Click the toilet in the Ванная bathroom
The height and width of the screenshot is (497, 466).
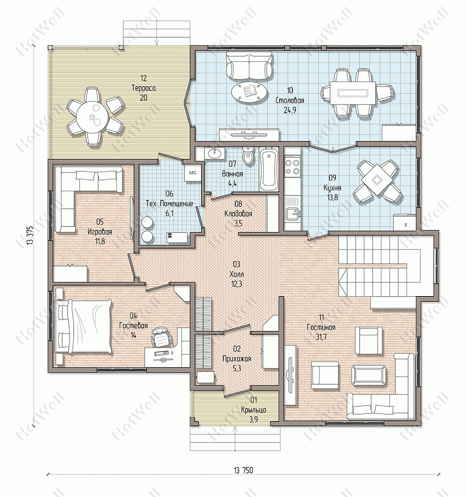pyautogui.click(x=248, y=156)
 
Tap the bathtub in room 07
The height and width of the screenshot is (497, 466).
pyautogui.click(x=269, y=169)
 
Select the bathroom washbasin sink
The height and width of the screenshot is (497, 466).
pyautogui.click(x=214, y=153)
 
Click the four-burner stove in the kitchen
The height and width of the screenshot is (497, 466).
pyautogui.click(x=292, y=166)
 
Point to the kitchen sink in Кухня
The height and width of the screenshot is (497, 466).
pyautogui.click(x=292, y=214)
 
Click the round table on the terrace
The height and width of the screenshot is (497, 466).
pyautogui.click(x=92, y=117)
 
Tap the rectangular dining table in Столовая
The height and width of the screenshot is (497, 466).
pyautogui.click(x=353, y=93)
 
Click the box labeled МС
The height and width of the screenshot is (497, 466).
pyautogui.click(x=193, y=173)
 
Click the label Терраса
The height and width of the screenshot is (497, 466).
pyautogui.click(x=143, y=88)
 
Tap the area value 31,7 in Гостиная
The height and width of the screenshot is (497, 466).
pyautogui.click(x=321, y=337)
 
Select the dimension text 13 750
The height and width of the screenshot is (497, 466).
pyautogui.click(x=244, y=470)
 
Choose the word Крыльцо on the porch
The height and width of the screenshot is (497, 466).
pyautogui.click(x=254, y=410)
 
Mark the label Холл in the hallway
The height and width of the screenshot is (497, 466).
pyautogui.click(x=237, y=274)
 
